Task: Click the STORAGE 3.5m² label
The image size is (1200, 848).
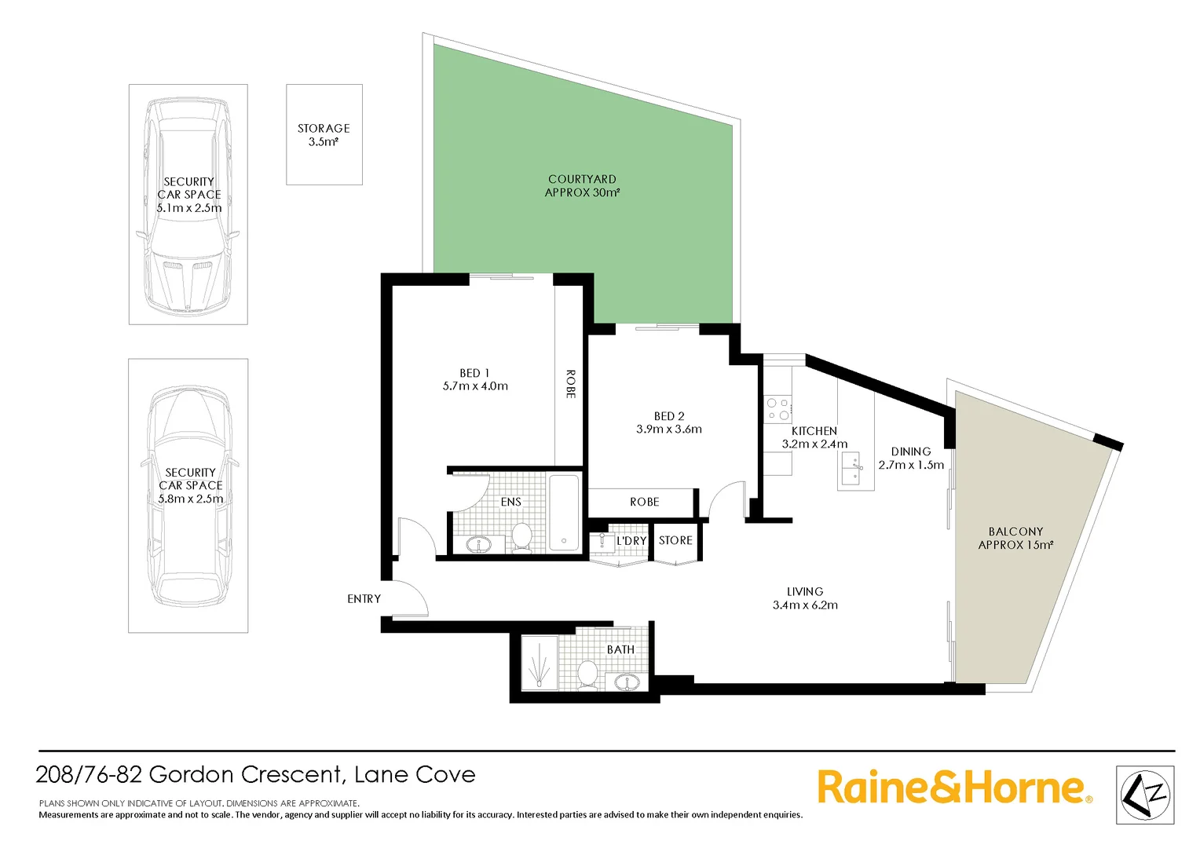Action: point(324,135)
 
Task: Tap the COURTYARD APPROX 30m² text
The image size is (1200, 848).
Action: point(582,186)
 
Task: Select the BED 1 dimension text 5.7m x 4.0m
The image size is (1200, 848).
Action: point(475,386)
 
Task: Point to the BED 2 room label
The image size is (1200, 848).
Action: point(669,416)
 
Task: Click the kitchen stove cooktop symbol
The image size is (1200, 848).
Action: point(777,408)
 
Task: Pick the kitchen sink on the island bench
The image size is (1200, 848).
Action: point(852,469)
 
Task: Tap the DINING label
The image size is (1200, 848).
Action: point(911,451)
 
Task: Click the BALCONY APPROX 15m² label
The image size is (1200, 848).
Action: point(1015,539)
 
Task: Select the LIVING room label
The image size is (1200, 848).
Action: point(805,592)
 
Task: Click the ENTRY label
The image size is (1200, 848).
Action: point(364,599)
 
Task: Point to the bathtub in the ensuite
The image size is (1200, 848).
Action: point(564,512)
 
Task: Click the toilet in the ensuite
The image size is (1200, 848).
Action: point(521,538)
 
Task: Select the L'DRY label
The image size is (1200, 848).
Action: point(631,541)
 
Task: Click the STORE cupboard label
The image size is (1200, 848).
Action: point(675,541)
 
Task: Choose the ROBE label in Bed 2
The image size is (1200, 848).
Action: point(644,503)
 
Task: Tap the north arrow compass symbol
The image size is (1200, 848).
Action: point(1144,795)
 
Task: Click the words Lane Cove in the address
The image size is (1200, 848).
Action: point(415,775)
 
